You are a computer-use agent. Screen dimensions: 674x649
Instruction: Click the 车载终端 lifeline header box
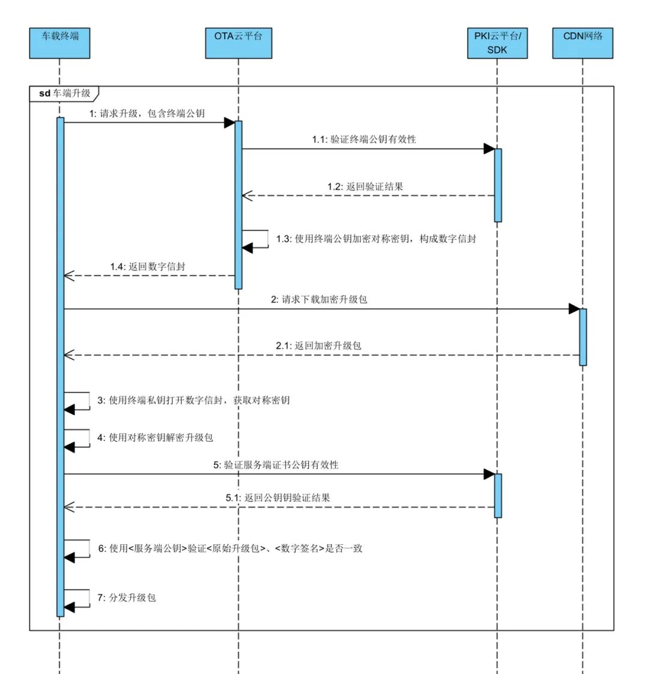coord(59,43)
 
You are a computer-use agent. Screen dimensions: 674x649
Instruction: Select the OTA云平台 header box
coord(238,43)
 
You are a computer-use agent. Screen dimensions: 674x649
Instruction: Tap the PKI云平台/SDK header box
coord(497,43)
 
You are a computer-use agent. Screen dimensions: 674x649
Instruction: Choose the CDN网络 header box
coord(582,43)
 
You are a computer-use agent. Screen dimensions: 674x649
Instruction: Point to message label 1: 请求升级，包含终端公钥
coord(146,114)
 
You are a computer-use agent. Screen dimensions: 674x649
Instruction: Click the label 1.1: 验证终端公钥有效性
coord(364,139)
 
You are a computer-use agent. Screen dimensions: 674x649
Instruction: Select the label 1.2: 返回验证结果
coord(365,186)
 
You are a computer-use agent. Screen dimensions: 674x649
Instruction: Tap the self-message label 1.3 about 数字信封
coord(376,238)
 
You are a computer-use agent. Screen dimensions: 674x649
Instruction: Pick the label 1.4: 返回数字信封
coord(147,266)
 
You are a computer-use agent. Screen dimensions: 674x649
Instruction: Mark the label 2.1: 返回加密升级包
coord(318,346)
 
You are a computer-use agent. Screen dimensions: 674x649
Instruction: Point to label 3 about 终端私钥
coord(193,400)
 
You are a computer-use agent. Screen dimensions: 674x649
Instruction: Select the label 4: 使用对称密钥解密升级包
coord(155,438)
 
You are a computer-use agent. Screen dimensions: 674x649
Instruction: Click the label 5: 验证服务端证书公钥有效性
coord(273,465)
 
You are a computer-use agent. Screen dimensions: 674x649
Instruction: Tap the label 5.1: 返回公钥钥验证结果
coord(278,497)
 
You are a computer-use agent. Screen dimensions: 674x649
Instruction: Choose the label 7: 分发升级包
coord(126,598)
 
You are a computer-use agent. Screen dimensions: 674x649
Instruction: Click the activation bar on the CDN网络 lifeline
coord(582,336)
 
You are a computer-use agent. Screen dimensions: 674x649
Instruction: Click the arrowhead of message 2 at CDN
coord(574,309)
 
